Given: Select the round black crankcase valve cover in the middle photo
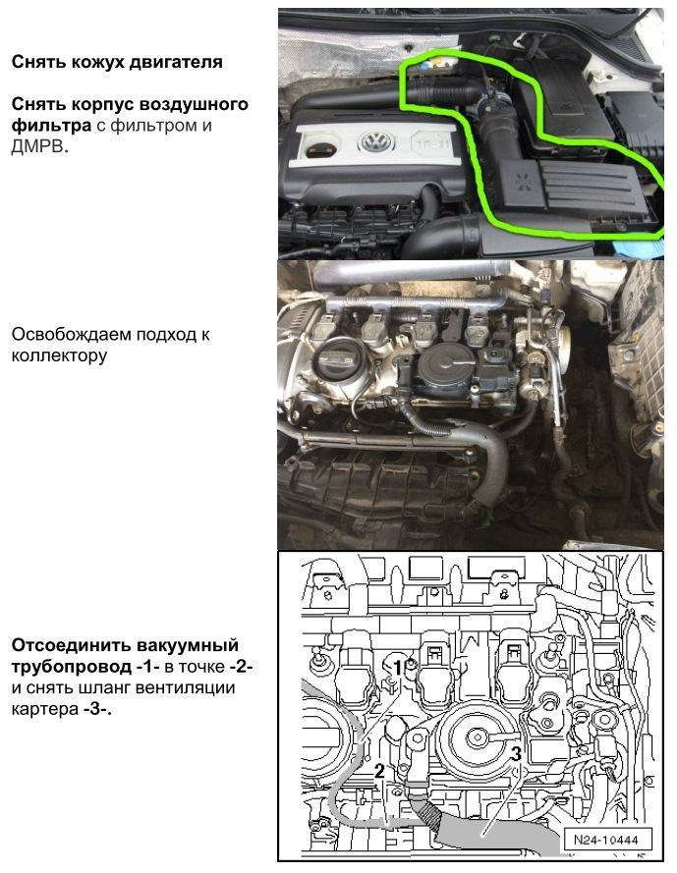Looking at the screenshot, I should pyautogui.click(x=440, y=374).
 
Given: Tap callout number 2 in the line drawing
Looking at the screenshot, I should pyautogui.click(x=379, y=771).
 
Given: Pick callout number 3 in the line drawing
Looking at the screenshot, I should pyautogui.click(x=516, y=755).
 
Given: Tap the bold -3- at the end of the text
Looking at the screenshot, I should pyautogui.click(x=97, y=708).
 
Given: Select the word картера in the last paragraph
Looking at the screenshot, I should pyautogui.click(x=44, y=708).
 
